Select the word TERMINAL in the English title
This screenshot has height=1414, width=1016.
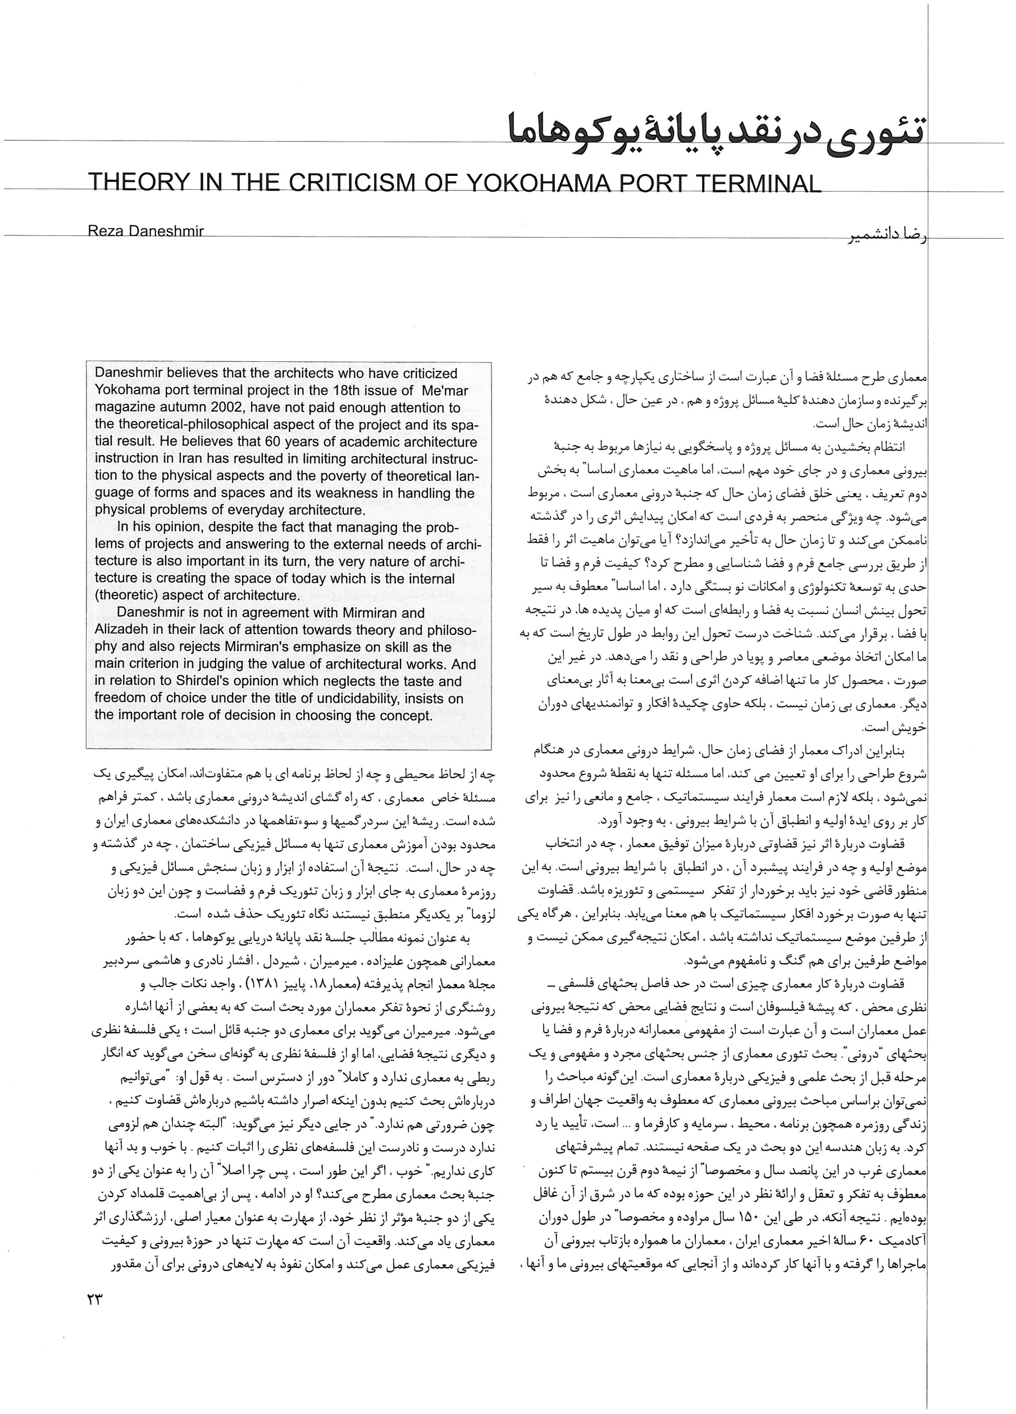click(754, 183)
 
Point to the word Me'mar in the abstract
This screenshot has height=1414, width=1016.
click(444, 391)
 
